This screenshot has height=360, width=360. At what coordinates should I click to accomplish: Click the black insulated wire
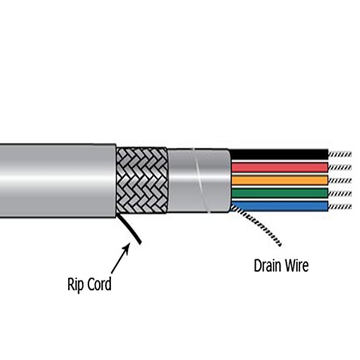click(280, 153)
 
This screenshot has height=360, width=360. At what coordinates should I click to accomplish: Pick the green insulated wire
click(280, 193)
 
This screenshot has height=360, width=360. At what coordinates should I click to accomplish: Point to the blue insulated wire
click(280, 205)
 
